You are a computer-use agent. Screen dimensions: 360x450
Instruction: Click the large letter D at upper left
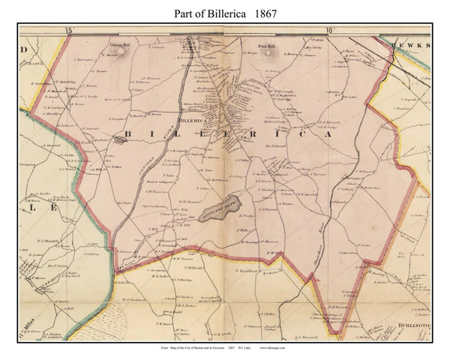point(24,49)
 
